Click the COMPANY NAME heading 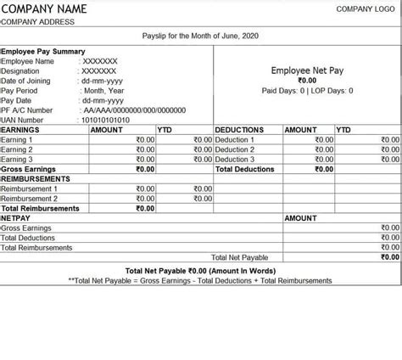47,9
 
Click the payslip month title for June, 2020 200,36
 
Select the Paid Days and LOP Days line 307,90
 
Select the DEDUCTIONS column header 240,130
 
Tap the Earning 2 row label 18,149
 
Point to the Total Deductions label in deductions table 246,169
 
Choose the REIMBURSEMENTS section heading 36,179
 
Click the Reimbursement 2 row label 30,199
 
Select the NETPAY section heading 16,218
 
